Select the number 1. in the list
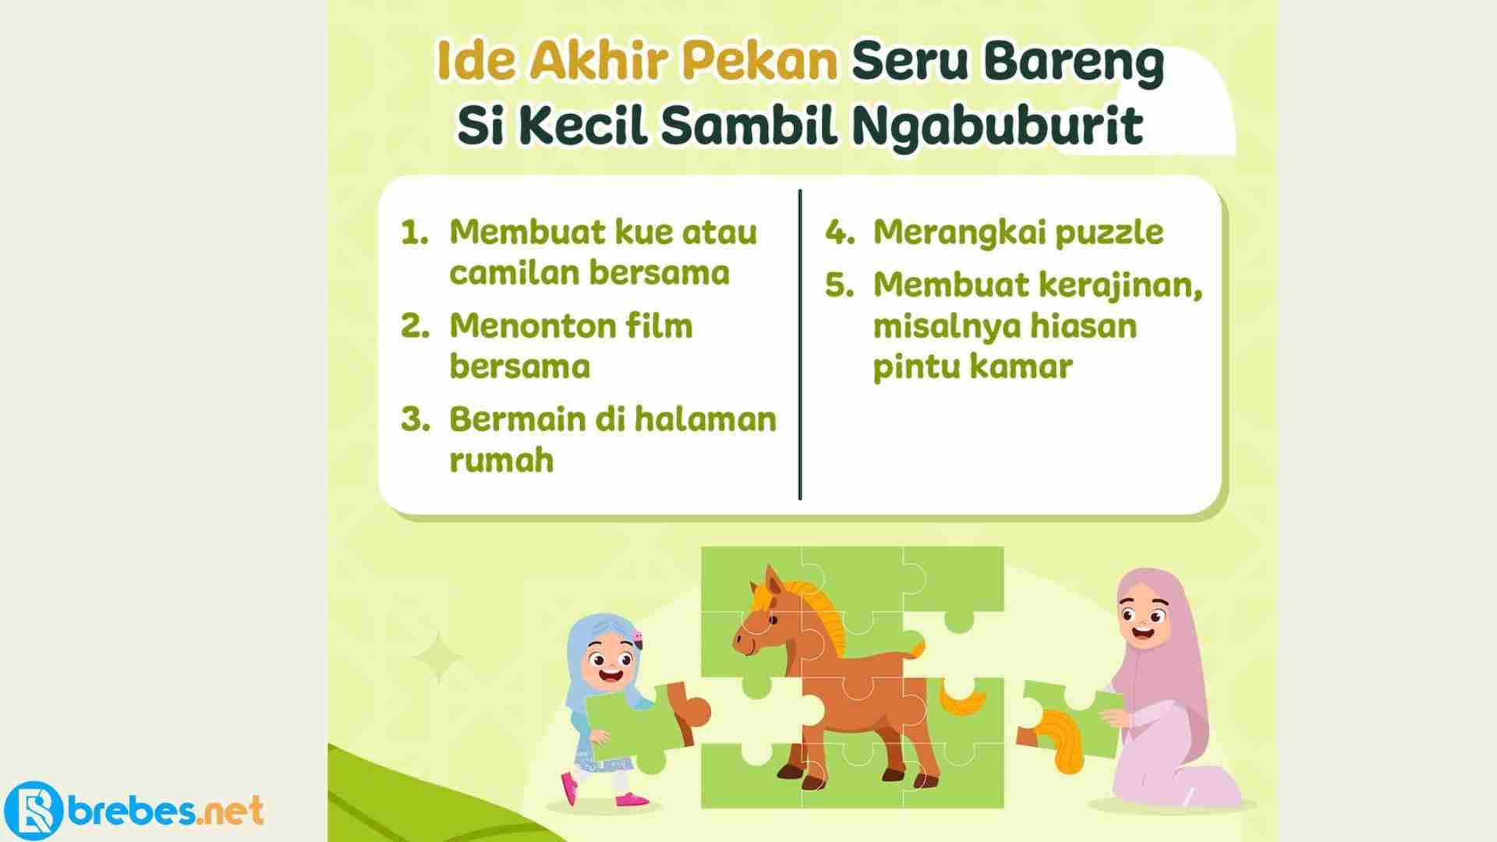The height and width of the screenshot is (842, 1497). click(416, 232)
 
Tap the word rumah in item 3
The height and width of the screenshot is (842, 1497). click(501, 461)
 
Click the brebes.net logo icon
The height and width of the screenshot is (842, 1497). click(32, 811)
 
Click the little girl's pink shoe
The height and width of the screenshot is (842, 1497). click(570, 789)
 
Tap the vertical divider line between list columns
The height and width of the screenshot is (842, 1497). click(800, 345)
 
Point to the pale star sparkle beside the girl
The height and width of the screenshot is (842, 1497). click(438, 657)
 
